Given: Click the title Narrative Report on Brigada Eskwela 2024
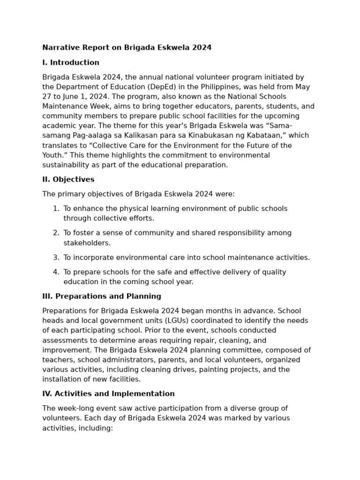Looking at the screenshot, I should click(x=127, y=48).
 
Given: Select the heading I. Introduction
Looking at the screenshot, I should click(x=71, y=63).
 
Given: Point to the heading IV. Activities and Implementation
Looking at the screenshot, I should click(x=108, y=394).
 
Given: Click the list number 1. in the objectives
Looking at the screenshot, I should click(x=56, y=209).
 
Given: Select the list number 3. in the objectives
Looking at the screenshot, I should click(x=56, y=257).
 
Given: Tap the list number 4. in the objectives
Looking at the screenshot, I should click(x=56, y=272).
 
